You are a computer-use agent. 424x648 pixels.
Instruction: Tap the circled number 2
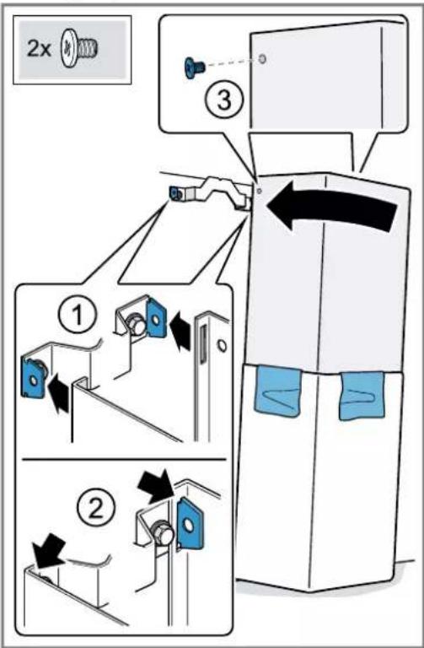(96, 508)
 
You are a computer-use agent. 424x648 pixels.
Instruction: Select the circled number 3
(223, 100)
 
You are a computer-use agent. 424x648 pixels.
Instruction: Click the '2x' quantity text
(39, 49)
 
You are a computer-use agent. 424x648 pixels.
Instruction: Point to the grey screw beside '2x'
(80, 49)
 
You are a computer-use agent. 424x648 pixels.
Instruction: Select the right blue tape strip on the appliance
(362, 396)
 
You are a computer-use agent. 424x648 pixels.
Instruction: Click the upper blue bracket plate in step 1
(156, 317)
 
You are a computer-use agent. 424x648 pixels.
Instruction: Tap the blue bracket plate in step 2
(189, 523)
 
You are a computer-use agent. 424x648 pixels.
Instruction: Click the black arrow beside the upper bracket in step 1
(181, 329)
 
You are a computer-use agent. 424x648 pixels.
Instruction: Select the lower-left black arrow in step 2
(49, 550)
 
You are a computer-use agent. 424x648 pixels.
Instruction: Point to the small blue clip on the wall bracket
(175, 193)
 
